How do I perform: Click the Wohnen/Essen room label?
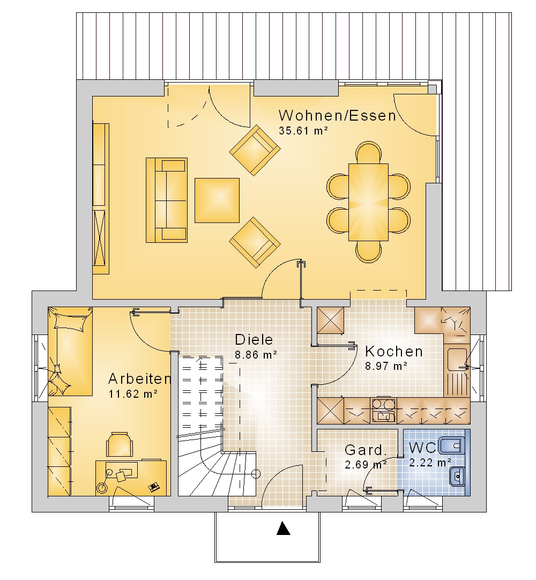coord(337,115)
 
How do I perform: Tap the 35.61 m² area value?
coord(303,131)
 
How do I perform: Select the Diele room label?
coord(254,339)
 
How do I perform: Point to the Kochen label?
coord(394,351)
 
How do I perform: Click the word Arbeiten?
coord(140,378)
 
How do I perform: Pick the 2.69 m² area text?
coord(366,464)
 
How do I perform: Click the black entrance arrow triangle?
coord(284,528)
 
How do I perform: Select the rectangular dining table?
coord(368,202)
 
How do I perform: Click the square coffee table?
coord(217,200)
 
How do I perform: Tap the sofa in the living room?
coord(167,200)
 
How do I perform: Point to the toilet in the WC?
coord(451,445)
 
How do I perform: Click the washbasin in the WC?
coord(457,476)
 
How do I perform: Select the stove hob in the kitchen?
coord(384,410)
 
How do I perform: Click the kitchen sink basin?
coord(456,359)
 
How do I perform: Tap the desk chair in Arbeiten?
coord(120,444)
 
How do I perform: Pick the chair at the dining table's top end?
coord(368,153)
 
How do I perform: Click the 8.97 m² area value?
coord(386,366)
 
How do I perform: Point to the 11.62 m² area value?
coord(133,394)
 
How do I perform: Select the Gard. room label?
coord(366,450)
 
